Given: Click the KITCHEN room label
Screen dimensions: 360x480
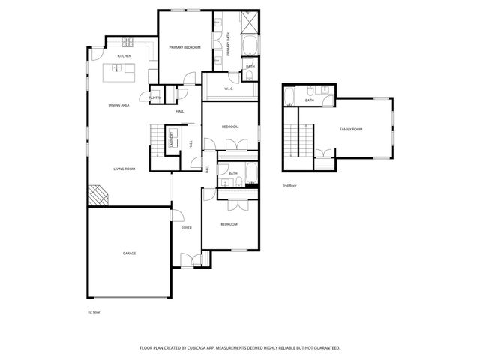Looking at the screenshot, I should coord(124,56).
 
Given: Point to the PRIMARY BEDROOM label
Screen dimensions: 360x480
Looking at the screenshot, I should coord(184,47).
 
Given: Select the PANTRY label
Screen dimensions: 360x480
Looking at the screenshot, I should coord(155,97).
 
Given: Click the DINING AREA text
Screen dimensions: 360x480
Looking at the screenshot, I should coord(119,105).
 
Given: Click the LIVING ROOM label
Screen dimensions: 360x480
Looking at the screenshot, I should coord(124,169).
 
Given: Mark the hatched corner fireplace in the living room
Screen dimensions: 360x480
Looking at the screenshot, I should coord(97,196).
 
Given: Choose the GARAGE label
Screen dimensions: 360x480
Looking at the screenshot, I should coord(130,253).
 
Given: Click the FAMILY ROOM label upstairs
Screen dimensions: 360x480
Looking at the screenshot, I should coord(351,130).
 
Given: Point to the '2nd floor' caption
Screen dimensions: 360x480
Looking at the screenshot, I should coord(289,184).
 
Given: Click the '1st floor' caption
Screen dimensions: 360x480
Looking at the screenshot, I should coord(94,311).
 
